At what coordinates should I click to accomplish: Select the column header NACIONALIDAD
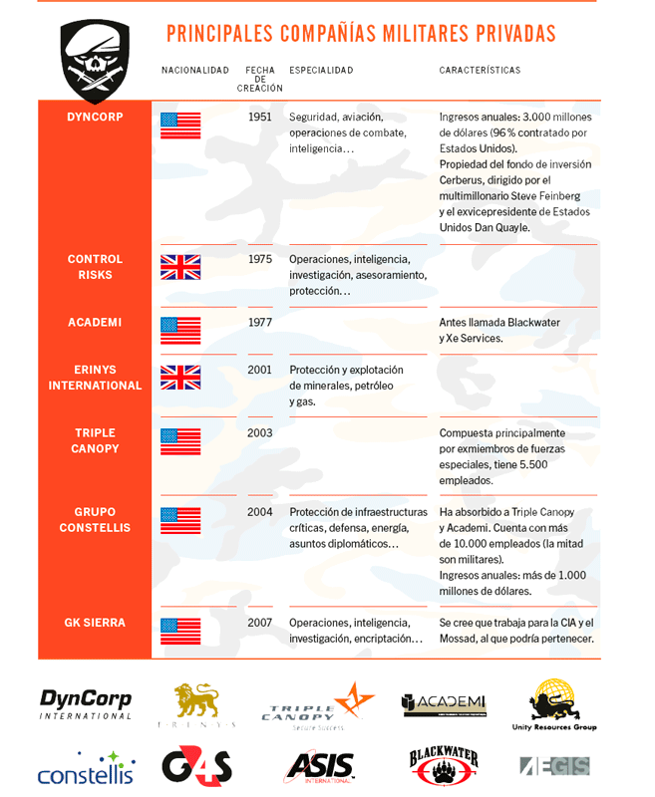(x=195, y=71)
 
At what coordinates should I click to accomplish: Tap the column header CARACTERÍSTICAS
(x=480, y=71)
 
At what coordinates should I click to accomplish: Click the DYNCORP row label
(x=95, y=117)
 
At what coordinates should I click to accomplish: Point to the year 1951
(x=259, y=117)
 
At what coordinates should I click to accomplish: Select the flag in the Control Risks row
(x=180, y=267)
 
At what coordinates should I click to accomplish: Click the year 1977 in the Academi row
(x=259, y=322)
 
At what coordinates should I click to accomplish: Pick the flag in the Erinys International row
(x=180, y=377)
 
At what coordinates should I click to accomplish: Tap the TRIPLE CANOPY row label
(x=95, y=440)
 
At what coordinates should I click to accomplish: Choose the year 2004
(x=259, y=512)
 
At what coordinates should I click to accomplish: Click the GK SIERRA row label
(x=95, y=623)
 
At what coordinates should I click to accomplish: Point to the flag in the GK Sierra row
(x=180, y=631)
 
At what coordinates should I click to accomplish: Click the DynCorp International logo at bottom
(x=86, y=703)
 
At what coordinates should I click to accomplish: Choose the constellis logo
(x=86, y=769)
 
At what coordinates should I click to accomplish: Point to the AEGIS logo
(x=554, y=766)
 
